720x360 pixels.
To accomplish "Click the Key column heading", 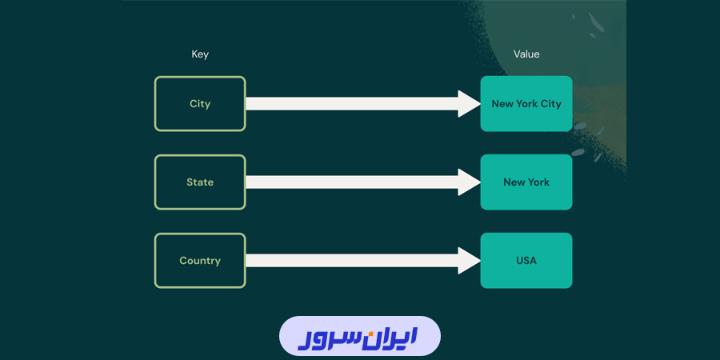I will (200, 54).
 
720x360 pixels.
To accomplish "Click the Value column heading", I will (526, 54).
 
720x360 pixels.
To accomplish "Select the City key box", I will (200, 103).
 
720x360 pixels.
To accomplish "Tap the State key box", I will (200, 182).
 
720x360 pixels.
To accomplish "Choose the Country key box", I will (200, 260).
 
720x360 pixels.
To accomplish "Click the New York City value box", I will (526, 103).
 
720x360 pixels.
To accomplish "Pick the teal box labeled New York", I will (526, 182).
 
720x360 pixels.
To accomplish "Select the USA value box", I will (526, 260).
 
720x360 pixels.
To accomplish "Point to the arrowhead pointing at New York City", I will (468, 103).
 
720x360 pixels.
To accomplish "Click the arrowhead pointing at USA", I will (468, 260).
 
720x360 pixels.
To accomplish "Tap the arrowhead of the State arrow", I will (468, 182).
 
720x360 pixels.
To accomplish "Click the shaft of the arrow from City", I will (352, 103).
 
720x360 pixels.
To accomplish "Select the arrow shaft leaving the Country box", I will (352, 260).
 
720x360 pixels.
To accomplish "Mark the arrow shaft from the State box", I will (352, 182).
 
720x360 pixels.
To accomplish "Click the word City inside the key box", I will (200, 104).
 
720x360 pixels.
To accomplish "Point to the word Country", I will (200, 261).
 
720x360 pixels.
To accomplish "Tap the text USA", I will (526, 261).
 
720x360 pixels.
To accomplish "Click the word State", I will (200, 182).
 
